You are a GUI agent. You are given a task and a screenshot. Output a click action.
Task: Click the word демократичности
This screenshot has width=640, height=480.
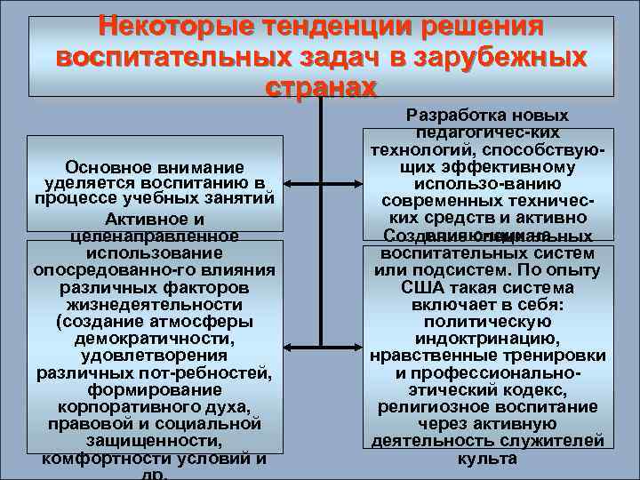155,339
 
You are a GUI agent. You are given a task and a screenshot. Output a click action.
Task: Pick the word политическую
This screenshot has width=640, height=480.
486,322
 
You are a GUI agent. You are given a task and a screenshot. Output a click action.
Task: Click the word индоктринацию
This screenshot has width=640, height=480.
486,339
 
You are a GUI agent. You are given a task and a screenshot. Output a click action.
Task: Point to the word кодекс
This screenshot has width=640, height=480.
540,390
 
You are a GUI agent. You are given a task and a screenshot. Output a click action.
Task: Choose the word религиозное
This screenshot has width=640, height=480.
428,407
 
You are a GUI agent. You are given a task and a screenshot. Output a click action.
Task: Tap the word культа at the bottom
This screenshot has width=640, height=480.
486,459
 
